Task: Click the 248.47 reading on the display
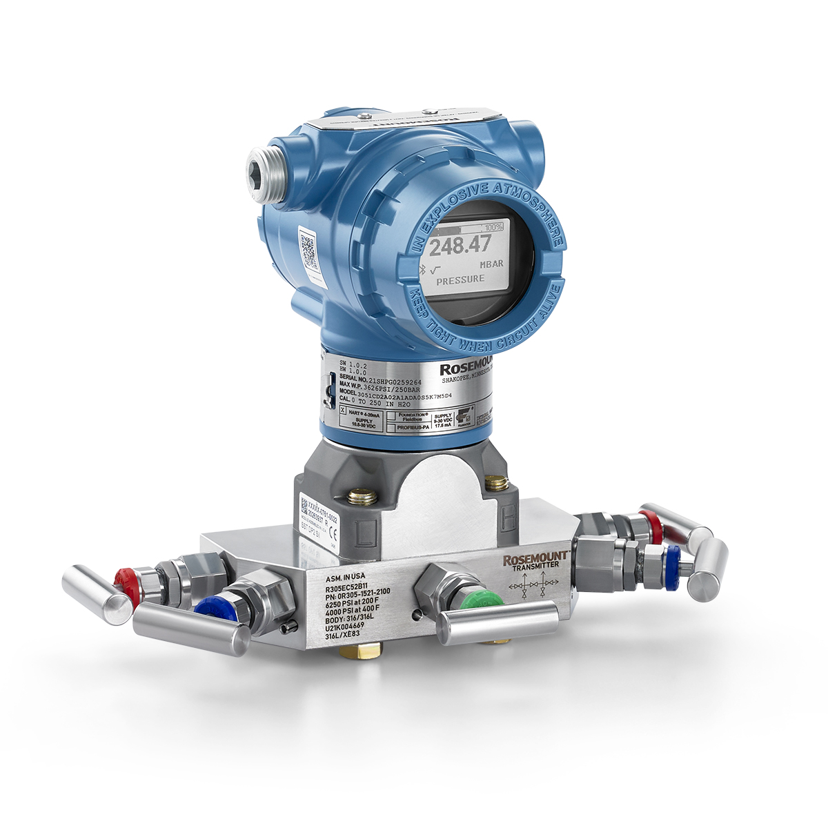click(x=461, y=244)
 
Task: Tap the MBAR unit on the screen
click(x=491, y=264)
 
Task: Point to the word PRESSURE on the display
click(x=460, y=279)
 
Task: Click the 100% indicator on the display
click(x=493, y=227)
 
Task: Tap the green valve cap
click(x=491, y=599)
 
